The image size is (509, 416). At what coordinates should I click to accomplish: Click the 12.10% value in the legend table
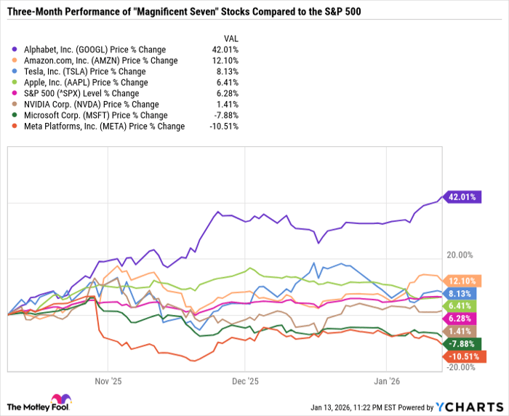pyautogui.click(x=225, y=60)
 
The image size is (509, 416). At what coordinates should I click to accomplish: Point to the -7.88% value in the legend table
pyautogui.click(x=225, y=115)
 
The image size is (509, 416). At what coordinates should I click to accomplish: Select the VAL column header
pyautogui.click(x=230, y=39)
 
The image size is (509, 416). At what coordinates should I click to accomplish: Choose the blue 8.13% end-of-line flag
pyautogui.click(x=460, y=293)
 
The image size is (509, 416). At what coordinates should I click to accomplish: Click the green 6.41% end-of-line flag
pyautogui.click(x=460, y=306)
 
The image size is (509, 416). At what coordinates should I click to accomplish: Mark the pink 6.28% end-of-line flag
pyautogui.click(x=460, y=319)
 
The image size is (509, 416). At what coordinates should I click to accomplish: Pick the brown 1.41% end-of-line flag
pyautogui.click(x=460, y=332)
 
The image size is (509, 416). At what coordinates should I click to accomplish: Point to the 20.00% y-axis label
pyautogui.click(x=460, y=255)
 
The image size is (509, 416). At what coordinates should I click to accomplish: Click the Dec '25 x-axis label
pyautogui.click(x=245, y=380)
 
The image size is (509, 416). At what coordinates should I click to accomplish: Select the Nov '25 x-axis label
pyautogui.click(x=106, y=380)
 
